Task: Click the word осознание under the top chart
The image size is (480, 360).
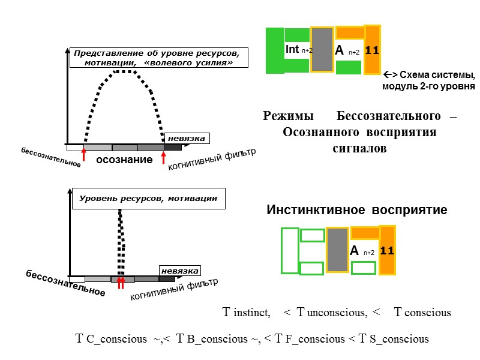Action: point(124,160)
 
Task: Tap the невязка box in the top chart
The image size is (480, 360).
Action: point(186,139)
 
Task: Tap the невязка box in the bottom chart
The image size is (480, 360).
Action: point(179,271)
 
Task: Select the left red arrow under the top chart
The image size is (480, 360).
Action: point(83,155)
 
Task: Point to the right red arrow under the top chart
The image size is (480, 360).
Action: point(164,156)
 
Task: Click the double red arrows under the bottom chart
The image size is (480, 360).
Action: point(121,283)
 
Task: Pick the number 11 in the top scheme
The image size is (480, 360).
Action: point(372,50)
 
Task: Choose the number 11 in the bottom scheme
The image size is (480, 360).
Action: point(387,250)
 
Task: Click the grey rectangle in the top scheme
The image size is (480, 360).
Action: point(322,50)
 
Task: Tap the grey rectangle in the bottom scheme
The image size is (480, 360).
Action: point(337,250)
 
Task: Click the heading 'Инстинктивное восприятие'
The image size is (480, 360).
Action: point(356,210)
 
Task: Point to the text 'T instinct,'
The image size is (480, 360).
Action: point(246,313)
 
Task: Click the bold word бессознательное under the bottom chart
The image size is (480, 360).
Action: point(65,283)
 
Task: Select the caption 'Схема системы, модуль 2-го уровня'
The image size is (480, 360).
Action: point(428,81)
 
